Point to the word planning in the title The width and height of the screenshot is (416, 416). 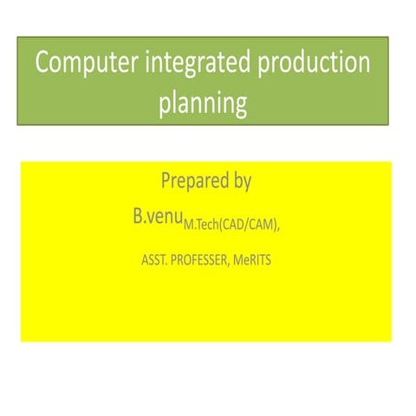(x=203, y=105)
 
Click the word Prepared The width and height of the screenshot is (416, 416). (x=197, y=183)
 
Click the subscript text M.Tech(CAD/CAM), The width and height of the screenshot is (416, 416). (x=232, y=225)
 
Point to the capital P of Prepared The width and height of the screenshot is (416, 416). (x=166, y=182)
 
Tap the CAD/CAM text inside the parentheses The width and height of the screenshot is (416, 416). (x=251, y=225)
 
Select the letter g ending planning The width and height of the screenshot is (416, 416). (x=240, y=107)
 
